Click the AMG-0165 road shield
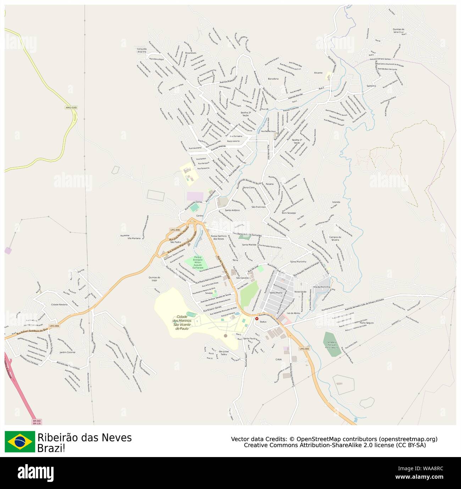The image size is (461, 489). pyautogui.click(x=71, y=107)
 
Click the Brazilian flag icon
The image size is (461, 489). pyautogui.click(x=20, y=441)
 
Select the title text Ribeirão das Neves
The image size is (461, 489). pyautogui.click(x=84, y=438)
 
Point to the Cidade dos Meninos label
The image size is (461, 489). pyautogui.click(x=182, y=323)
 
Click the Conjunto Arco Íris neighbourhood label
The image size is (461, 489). pyautogui.click(x=142, y=50)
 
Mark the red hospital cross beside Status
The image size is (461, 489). pyautogui.click(x=257, y=319)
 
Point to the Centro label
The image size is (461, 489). pyautogui.click(x=200, y=215)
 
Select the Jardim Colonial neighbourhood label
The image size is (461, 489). pyautogui.click(x=67, y=352)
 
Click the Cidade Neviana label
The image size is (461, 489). pyautogui.click(x=59, y=304)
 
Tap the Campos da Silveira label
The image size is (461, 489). pyautogui.click(x=335, y=238)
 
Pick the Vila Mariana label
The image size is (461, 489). pyautogui.click(x=134, y=238)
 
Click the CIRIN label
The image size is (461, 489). pyautogui.click(x=278, y=359)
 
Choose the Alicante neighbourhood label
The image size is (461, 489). pyautogui.click(x=318, y=73)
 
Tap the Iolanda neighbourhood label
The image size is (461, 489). pyautogui.click(x=336, y=202)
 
